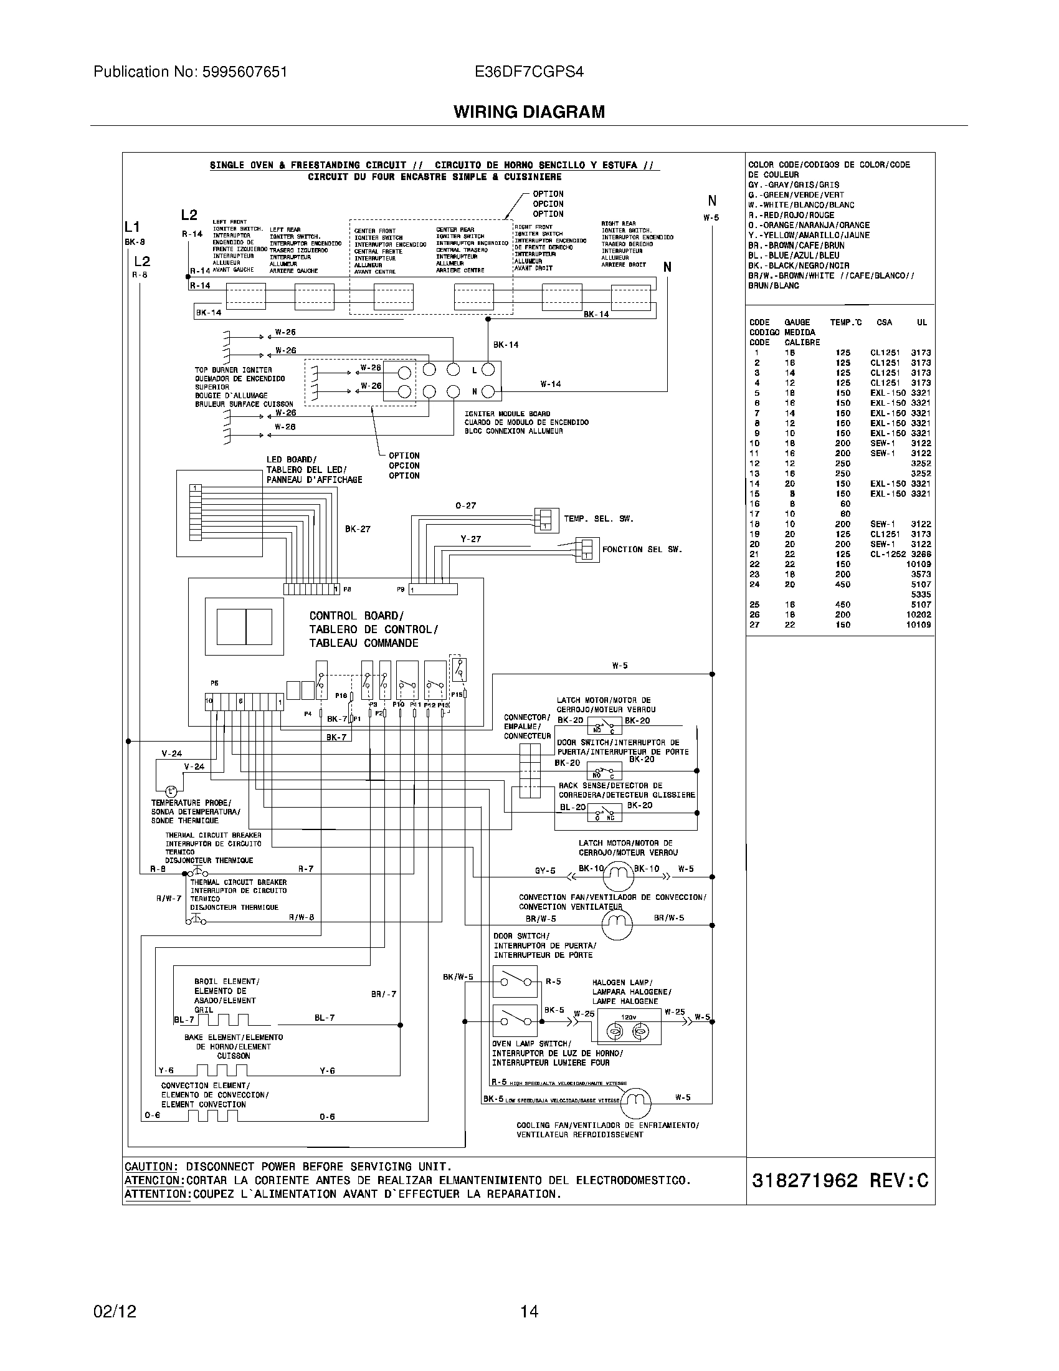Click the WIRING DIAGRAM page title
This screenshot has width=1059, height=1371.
click(529, 112)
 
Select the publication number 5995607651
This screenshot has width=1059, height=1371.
click(245, 72)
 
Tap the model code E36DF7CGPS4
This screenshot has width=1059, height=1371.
click(529, 72)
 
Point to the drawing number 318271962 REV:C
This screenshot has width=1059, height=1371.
click(840, 1181)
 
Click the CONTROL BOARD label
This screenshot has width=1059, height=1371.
click(356, 616)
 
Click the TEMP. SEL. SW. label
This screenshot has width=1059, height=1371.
click(599, 519)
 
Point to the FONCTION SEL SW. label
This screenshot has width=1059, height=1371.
click(642, 549)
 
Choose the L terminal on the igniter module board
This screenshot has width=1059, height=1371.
click(474, 370)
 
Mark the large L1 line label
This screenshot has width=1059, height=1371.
click(131, 227)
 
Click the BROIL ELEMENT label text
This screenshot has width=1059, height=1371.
click(227, 981)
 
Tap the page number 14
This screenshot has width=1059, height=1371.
click(529, 1311)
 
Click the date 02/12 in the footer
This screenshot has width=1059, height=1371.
click(114, 1311)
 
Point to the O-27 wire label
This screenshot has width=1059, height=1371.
click(465, 505)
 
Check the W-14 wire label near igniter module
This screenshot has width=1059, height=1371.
click(550, 384)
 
